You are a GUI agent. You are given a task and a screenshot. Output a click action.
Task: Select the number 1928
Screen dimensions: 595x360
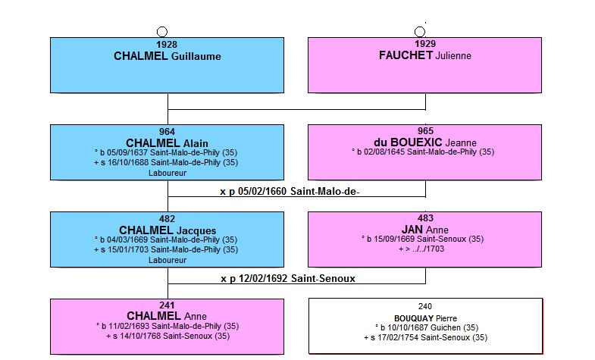click(x=167, y=45)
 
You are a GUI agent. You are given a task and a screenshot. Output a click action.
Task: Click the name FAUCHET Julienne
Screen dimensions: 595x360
click(x=425, y=55)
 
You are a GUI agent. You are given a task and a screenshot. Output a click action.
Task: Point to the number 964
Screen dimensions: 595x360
click(x=167, y=132)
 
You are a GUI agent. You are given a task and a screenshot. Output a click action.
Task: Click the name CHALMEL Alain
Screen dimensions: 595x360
click(x=167, y=143)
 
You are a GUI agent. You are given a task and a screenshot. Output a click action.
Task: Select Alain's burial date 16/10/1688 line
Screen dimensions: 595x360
click(x=166, y=162)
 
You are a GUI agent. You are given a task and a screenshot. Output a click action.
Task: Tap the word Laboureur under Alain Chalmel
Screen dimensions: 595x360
click(x=168, y=173)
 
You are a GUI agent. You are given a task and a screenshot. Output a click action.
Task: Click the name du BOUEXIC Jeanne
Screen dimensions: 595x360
click(x=425, y=142)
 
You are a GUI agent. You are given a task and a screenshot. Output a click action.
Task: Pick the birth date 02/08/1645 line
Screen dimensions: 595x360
click(x=423, y=152)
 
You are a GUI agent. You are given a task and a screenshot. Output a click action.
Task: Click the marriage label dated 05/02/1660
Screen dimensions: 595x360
click(x=290, y=192)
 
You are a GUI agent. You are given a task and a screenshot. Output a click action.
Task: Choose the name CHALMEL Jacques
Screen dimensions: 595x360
click(x=168, y=230)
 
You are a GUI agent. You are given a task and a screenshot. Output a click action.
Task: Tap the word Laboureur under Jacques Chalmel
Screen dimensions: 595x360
click(x=168, y=260)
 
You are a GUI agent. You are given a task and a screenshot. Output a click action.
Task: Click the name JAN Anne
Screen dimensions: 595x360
click(x=425, y=230)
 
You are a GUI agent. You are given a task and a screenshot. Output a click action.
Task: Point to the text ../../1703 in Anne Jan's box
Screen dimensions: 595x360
click(x=428, y=249)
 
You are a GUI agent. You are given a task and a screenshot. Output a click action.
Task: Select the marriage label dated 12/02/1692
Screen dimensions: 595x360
click(x=288, y=279)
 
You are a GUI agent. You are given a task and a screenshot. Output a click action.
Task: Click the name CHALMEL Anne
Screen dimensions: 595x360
click(x=167, y=316)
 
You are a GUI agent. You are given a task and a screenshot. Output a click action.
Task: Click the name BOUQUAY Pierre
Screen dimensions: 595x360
click(x=425, y=318)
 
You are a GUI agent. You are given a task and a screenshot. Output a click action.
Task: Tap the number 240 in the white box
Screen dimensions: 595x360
click(x=425, y=306)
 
